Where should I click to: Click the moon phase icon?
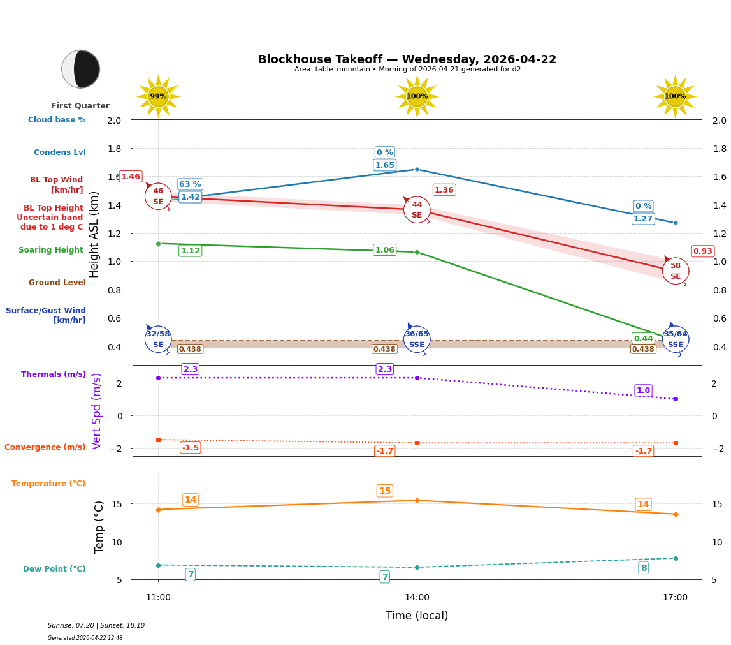(80, 69)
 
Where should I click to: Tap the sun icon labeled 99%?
(158, 96)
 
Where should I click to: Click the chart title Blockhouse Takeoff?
(407, 59)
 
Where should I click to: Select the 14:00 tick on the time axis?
(417, 597)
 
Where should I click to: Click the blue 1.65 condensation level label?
(384, 165)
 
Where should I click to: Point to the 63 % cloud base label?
(190, 184)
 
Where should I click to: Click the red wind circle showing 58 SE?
(675, 271)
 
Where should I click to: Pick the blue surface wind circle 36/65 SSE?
(417, 339)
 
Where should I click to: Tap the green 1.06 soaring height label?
(384, 250)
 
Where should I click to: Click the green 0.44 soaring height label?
(643, 339)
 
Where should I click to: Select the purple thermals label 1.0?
(643, 390)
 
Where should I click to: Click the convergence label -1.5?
(190, 448)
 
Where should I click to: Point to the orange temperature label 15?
(384, 491)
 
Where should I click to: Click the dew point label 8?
(643, 568)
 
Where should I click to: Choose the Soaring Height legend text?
(51, 250)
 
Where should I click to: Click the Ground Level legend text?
(57, 283)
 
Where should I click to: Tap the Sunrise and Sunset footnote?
(96, 626)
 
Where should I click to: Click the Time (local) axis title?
(416, 616)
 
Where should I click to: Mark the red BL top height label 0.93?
(702, 251)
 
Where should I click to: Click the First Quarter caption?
(80, 106)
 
